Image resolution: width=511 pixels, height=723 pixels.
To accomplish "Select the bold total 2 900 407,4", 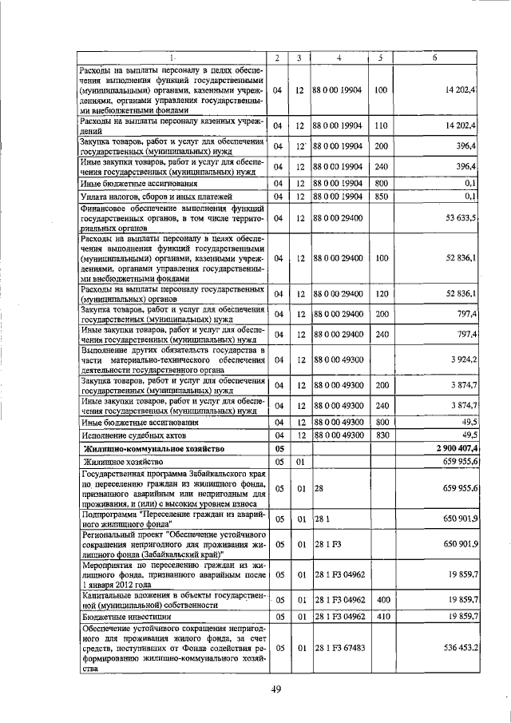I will coord(453,449).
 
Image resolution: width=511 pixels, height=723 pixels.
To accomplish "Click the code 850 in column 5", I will coord(380,196).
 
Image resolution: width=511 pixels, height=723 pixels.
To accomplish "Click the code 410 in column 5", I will coord(381,616).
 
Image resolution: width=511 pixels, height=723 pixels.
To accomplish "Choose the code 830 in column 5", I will coord(380,435).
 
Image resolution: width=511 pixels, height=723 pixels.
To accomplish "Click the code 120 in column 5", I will coord(380,295).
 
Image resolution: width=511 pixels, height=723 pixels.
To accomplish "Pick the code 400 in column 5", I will coord(381,600).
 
